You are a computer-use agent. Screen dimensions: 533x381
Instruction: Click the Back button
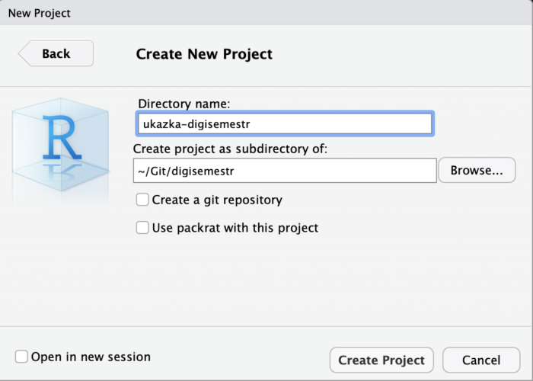point(56,53)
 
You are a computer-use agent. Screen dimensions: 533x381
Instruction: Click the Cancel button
point(481,360)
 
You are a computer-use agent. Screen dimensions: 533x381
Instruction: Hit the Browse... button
point(477,170)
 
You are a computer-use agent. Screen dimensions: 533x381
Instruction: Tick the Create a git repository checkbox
point(142,200)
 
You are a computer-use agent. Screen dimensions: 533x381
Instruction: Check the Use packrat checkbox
point(142,228)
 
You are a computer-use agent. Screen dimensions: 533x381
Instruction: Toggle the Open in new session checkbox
point(21,357)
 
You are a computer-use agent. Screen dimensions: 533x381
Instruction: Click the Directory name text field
point(285,123)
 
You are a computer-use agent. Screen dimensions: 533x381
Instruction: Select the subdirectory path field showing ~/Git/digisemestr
point(285,171)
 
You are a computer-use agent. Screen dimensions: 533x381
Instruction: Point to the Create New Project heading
point(204,54)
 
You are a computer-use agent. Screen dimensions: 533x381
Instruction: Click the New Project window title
point(40,13)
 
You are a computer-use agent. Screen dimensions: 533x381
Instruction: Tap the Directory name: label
point(184,104)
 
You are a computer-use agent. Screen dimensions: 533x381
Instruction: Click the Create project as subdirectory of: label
point(230,149)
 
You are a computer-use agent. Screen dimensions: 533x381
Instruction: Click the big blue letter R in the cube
point(62,137)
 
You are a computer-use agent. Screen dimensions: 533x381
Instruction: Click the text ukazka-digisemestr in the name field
point(196,124)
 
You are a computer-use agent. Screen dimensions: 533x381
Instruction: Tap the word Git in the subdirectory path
point(159,171)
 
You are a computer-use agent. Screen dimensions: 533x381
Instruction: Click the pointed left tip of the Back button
point(19,53)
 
